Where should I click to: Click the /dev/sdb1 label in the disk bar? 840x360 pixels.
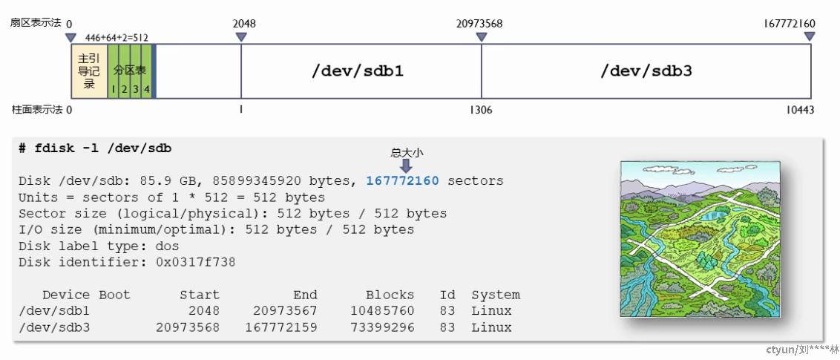tap(357, 71)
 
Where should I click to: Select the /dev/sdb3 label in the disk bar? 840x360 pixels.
tap(646, 71)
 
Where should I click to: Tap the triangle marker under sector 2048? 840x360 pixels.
tap(241, 37)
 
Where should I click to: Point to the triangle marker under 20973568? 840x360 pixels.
tap(482, 37)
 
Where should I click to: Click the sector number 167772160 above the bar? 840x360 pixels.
tap(789, 24)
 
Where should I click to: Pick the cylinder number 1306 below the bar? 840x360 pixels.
tap(481, 111)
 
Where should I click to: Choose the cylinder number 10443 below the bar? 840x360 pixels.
tap(801, 111)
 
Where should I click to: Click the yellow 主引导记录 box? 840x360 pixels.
tap(90, 71)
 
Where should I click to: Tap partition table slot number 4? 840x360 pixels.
tap(146, 89)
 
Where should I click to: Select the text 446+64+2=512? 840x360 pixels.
tap(117, 38)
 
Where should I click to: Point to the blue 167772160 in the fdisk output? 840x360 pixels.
tap(402, 181)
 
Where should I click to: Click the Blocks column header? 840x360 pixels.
tap(390, 295)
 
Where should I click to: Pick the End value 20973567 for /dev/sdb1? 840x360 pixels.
tap(285, 311)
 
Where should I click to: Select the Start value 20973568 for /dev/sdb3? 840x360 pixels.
tap(188, 327)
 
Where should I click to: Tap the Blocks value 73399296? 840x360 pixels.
tap(382, 327)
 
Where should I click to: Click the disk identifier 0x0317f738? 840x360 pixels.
tap(196, 263)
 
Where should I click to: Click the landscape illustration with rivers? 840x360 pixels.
tap(700, 239)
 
